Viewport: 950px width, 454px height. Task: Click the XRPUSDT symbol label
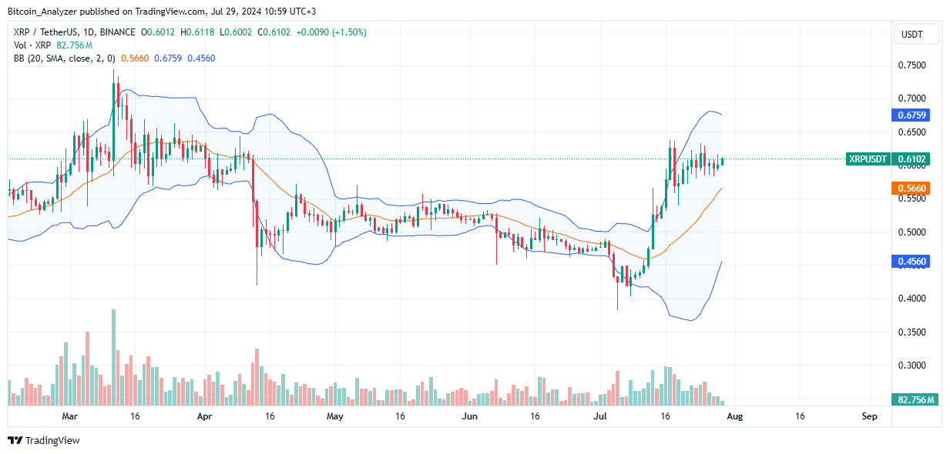pos(867,159)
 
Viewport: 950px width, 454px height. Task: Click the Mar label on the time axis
pos(70,416)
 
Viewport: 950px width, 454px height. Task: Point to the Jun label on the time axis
pos(469,416)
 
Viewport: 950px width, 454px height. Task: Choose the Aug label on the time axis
pos(734,416)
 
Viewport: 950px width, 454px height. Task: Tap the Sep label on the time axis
pos(869,416)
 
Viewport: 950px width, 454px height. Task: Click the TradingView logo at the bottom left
pos(44,440)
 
